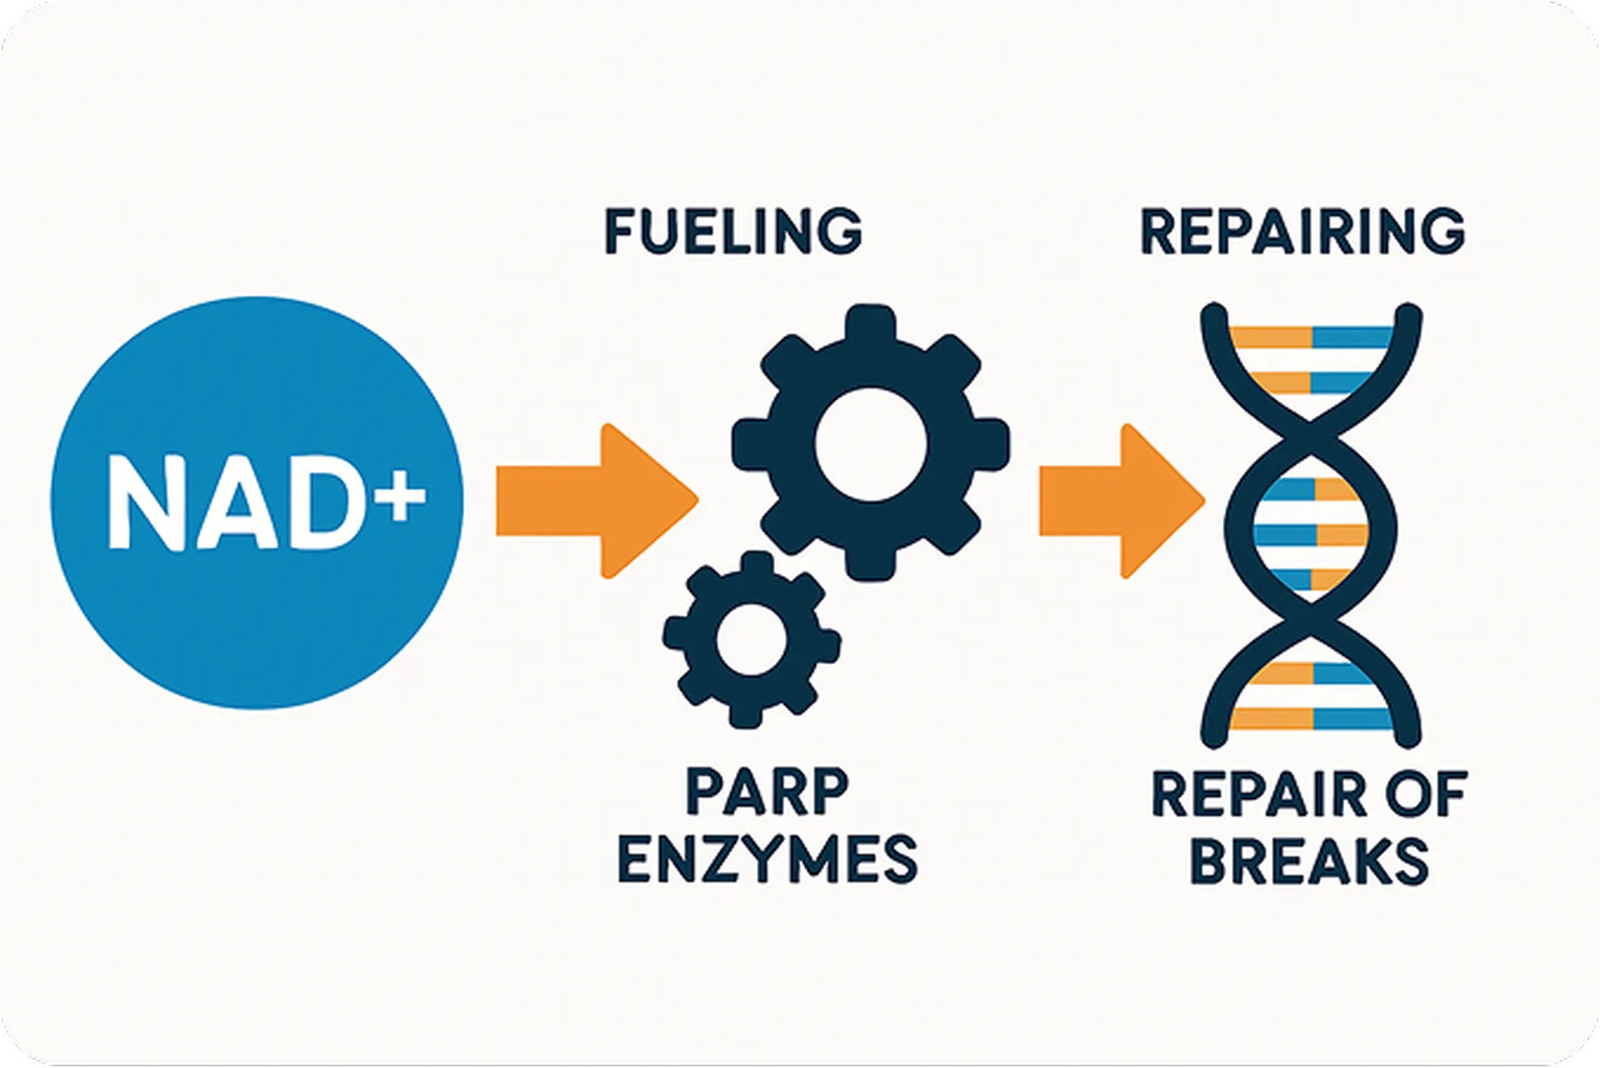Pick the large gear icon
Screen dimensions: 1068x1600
pyautogui.click(x=871, y=442)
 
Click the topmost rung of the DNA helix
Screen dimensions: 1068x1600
pyautogui.click(x=1312, y=337)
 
